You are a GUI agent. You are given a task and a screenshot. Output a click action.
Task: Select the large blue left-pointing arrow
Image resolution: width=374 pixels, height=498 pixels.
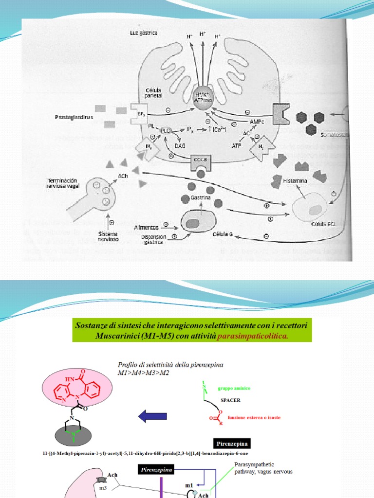coord(153,416)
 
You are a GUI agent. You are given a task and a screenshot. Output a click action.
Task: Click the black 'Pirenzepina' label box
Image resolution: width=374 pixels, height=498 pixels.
coord(232,444)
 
